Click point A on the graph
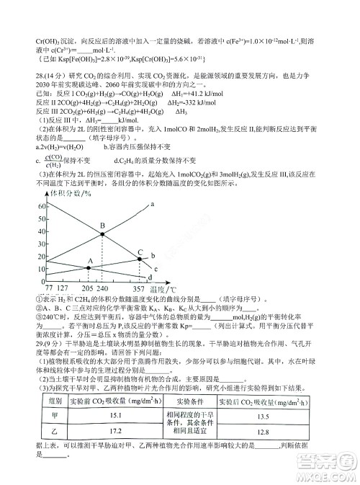[x=89, y=267]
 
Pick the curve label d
[x=149, y=277]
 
